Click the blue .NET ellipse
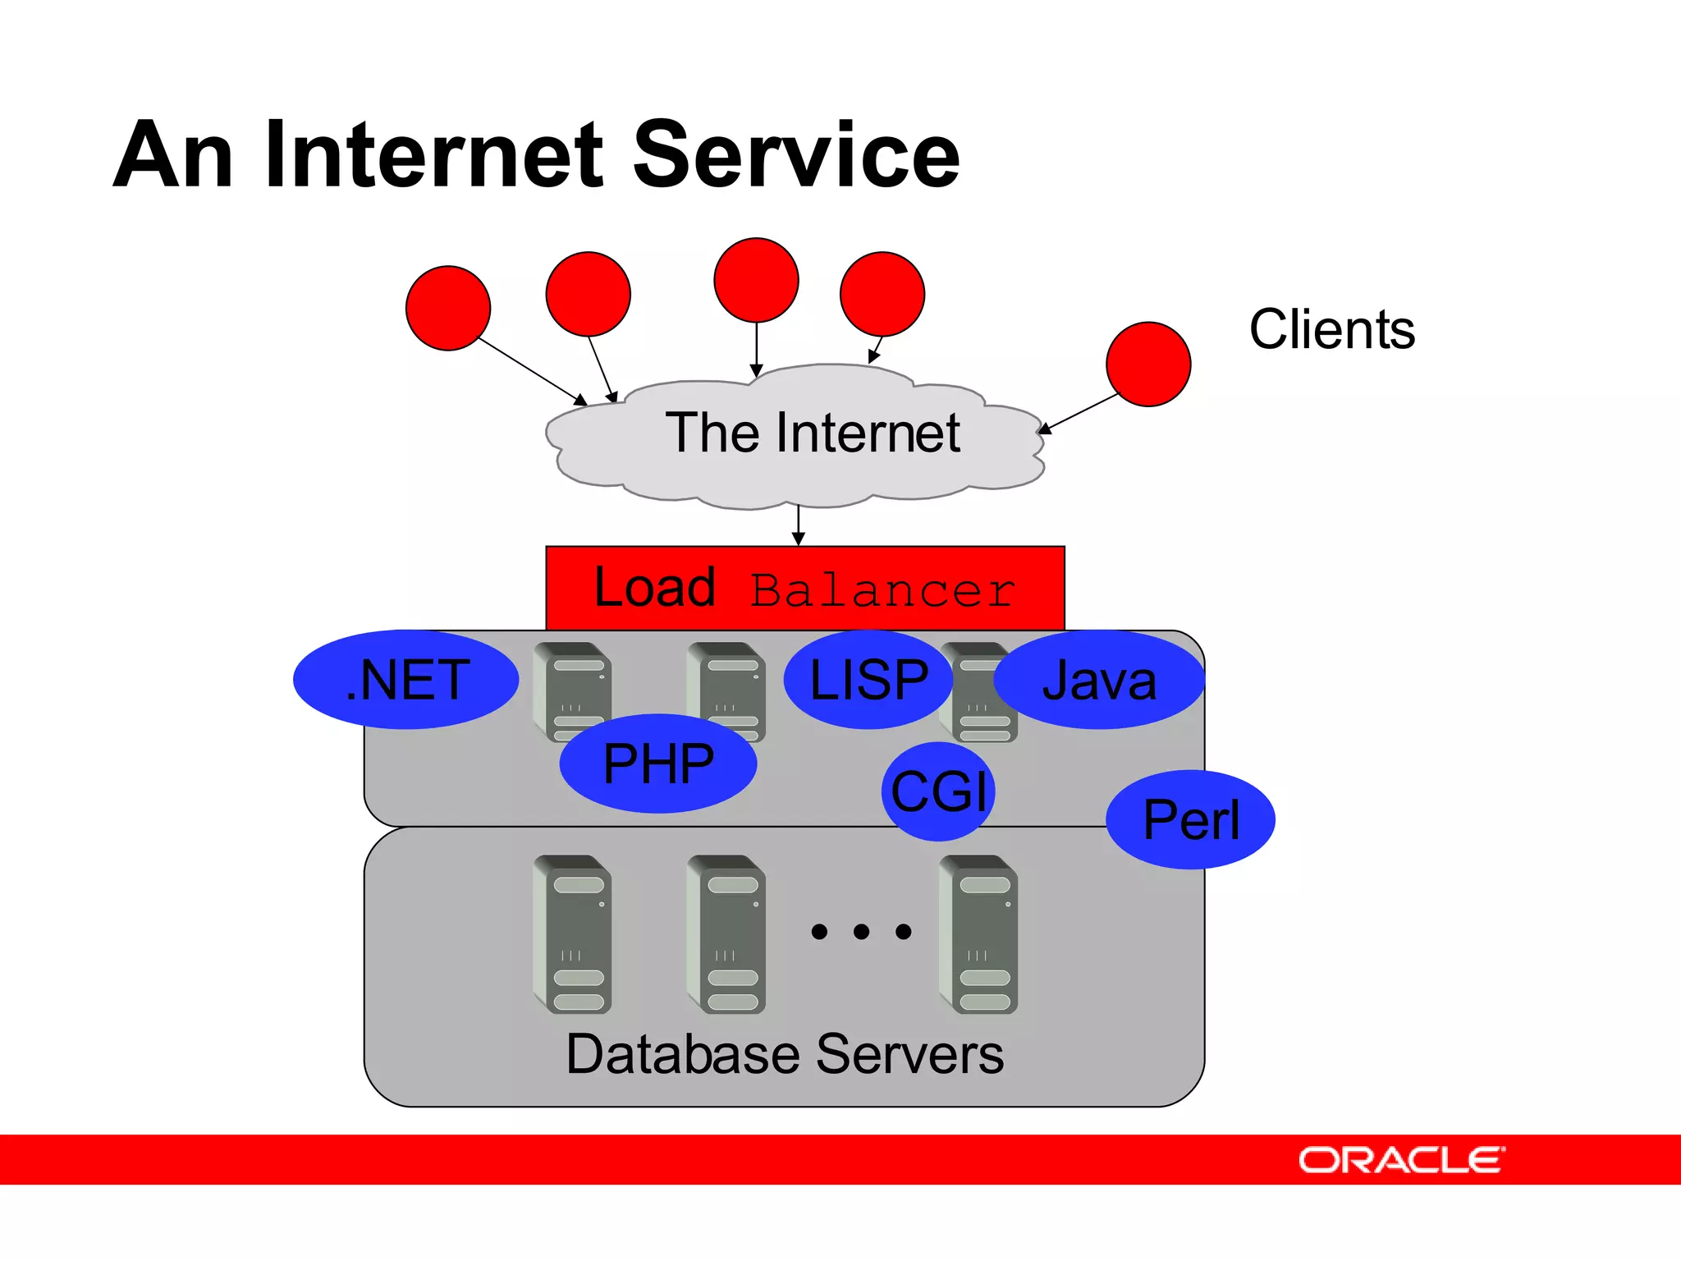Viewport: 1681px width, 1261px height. click(x=406, y=680)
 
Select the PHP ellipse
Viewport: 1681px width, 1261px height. click(x=658, y=763)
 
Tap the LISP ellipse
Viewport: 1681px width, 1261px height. click(x=868, y=680)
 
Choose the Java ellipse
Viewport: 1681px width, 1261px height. click(x=1099, y=680)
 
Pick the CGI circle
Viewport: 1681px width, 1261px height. click(x=938, y=791)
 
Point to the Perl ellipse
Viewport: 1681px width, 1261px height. click(x=1190, y=819)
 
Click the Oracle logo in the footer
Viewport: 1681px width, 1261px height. click(x=1401, y=1160)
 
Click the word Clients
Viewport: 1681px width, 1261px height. click(x=1331, y=329)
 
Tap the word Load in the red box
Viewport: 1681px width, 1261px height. click(x=654, y=588)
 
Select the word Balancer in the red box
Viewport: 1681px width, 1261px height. click(x=883, y=590)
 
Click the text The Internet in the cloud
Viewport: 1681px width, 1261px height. click(x=812, y=433)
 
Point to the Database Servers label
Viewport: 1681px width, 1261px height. click(x=785, y=1054)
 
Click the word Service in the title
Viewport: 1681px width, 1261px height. click(x=796, y=154)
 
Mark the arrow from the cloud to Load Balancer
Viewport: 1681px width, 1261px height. click(x=799, y=525)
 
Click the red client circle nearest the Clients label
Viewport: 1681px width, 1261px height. click(x=1148, y=364)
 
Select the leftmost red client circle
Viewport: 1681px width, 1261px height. click(x=448, y=308)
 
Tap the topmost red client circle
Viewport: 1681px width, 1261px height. click(x=756, y=280)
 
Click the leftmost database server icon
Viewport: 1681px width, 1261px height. click(x=573, y=934)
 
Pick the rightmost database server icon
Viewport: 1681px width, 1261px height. click(x=979, y=934)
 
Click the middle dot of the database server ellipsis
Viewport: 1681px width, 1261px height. click(x=861, y=931)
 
